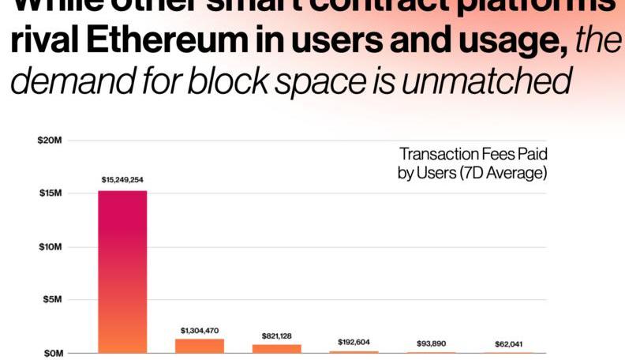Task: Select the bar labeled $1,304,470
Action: (x=200, y=345)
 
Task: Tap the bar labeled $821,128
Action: (x=277, y=348)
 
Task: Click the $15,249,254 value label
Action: (x=122, y=180)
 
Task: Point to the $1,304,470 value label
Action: (x=200, y=330)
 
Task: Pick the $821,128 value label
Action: (x=277, y=336)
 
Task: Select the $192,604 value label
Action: (x=354, y=342)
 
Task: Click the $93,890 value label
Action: (x=432, y=343)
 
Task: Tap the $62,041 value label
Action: (x=509, y=343)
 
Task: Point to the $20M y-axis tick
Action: (x=49, y=141)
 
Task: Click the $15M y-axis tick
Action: (x=49, y=193)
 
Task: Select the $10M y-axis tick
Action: (x=49, y=247)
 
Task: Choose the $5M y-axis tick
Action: (x=51, y=300)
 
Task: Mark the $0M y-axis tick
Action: (x=51, y=353)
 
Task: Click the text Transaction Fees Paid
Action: (x=473, y=154)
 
